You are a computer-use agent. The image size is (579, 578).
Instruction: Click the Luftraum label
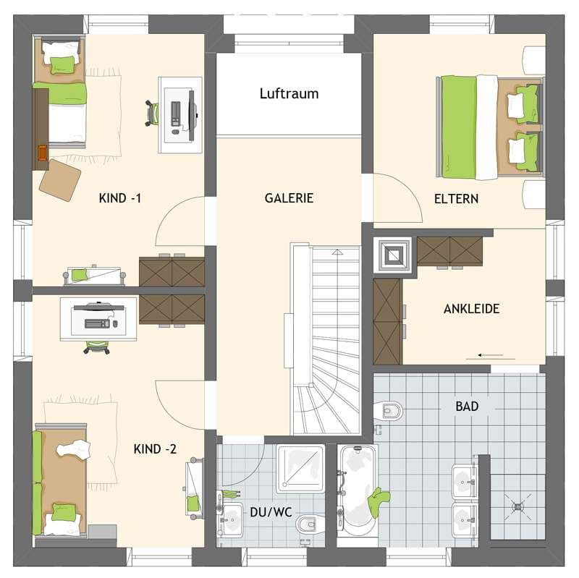[x=289, y=94]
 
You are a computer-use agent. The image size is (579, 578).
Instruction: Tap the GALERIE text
[x=289, y=198]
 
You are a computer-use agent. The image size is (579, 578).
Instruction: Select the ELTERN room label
[x=457, y=199]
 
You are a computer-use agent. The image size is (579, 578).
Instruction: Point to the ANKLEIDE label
[x=472, y=309]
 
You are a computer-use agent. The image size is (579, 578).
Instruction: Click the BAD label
[x=467, y=407]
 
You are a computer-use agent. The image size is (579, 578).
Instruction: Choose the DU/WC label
[x=271, y=512]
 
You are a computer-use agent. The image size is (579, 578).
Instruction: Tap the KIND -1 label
[x=120, y=198]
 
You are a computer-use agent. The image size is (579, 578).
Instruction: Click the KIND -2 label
[x=155, y=449]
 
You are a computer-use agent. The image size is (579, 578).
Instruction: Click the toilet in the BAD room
[x=388, y=410]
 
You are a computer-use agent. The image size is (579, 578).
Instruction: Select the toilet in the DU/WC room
[x=310, y=523]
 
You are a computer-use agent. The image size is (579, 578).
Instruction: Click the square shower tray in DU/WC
[x=300, y=468]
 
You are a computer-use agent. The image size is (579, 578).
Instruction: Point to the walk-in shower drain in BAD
[x=517, y=507]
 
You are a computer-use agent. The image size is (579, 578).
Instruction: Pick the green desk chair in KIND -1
[x=152, y=113]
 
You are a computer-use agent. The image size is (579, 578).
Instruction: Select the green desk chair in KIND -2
[x=97, y=347]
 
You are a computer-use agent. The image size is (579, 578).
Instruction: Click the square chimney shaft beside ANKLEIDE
[x=392, y=255]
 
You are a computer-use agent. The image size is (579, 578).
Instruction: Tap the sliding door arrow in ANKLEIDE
[x=491, y=355]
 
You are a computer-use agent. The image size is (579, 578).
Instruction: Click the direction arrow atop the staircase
[x=337, y=252]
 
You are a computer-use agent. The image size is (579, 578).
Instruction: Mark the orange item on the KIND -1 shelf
[x=43, y=153]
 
